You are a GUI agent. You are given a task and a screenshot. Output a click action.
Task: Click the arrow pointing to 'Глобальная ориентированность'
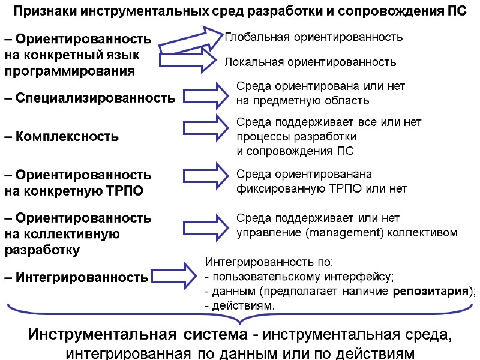[x=192, y=42]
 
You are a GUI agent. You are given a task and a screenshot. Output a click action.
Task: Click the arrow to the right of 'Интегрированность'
[x=174, y=275]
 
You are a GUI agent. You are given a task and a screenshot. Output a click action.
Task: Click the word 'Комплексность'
[x=66, y=137]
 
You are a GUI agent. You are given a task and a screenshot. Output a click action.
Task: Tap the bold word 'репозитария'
[x=430, y=292]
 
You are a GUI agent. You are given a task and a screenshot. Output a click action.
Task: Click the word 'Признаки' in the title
[x=46, y=12]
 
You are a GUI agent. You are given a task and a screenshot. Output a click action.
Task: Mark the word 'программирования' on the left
[x=70, y=71]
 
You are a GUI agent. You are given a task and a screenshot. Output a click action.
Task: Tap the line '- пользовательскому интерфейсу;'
[x=299, y=277]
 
